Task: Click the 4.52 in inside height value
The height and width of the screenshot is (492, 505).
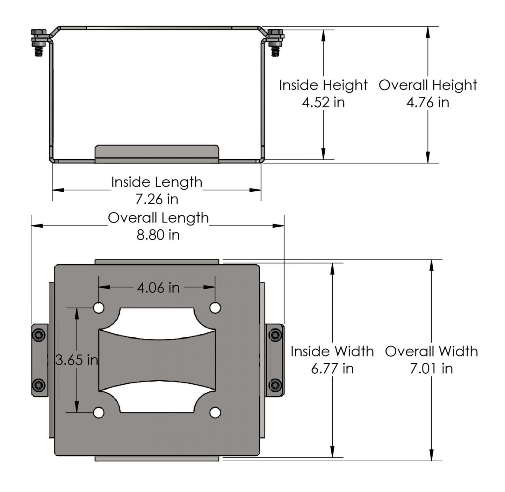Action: (x=323, y=103)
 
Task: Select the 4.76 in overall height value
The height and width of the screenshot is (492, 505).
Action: (x=427, y=103)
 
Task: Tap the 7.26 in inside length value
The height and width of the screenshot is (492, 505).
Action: (x=157, y=199)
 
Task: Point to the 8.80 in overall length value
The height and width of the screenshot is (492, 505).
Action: (x=158, y=235)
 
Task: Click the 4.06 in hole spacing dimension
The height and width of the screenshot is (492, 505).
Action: (x=158, y=288)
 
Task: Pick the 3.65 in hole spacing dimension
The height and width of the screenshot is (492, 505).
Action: (x=77, y=360)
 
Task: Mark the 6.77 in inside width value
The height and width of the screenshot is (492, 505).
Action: (x=332, y=369)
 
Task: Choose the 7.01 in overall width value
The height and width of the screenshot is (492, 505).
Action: (x=431, y=369)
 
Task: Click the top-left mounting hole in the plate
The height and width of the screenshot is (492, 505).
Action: (x=99, y=308)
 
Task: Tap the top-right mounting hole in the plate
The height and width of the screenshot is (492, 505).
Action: (x=215, y=308)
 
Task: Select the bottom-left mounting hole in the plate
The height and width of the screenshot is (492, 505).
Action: (x=99, y=413)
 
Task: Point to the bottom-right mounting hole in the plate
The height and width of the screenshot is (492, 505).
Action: (x=215, y=413)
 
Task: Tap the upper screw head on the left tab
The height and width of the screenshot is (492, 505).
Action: (x=38, y=335)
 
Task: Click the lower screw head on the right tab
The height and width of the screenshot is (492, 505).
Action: (x=275, y=385)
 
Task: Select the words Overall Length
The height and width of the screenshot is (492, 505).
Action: (x=158, y=218)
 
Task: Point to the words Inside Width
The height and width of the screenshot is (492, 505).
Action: (x=332, y=352)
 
